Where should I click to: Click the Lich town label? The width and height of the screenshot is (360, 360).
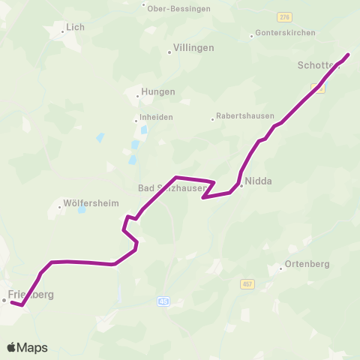(75, 27)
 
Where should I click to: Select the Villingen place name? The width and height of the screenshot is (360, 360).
(193, 47)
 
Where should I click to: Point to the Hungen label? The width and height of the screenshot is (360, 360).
(158, 91)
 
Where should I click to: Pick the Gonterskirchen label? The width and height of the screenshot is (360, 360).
(285, 33)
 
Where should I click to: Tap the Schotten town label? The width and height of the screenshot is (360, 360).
(319, 65)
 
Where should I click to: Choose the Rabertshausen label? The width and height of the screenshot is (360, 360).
(241, 116)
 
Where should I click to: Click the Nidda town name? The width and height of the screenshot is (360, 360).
(258, 181)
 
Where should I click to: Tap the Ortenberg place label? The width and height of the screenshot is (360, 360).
(307, 266)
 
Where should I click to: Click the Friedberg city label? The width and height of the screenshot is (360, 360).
(31, 295)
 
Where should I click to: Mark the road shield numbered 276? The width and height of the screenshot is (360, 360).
(283, 16)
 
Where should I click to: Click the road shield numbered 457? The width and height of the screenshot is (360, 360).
(248, 284)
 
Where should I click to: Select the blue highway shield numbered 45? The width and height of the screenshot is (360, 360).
(163, 301)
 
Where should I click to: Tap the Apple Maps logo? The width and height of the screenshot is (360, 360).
(28, 347)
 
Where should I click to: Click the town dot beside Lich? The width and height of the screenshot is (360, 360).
(63, 31)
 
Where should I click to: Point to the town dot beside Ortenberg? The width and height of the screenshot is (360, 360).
(280, 267)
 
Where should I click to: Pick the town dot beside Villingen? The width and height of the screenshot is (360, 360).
(169, 52)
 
